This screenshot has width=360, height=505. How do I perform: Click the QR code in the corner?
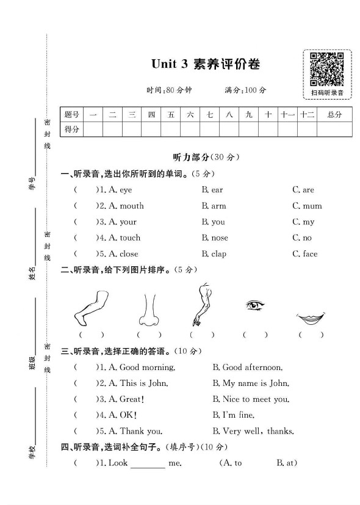tap(326, 68)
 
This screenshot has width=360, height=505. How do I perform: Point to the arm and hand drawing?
tap(201, 304)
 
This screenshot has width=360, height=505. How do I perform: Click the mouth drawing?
tap(311, 318)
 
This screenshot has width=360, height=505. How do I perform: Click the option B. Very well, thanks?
tap(253, 431)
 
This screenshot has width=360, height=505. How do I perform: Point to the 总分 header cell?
tap(334, 114)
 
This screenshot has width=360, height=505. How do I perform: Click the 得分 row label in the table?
tap(72, 129)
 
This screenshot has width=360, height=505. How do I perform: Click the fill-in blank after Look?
tap(148, 463)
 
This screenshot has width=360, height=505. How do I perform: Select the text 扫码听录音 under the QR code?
tap(327, 93)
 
